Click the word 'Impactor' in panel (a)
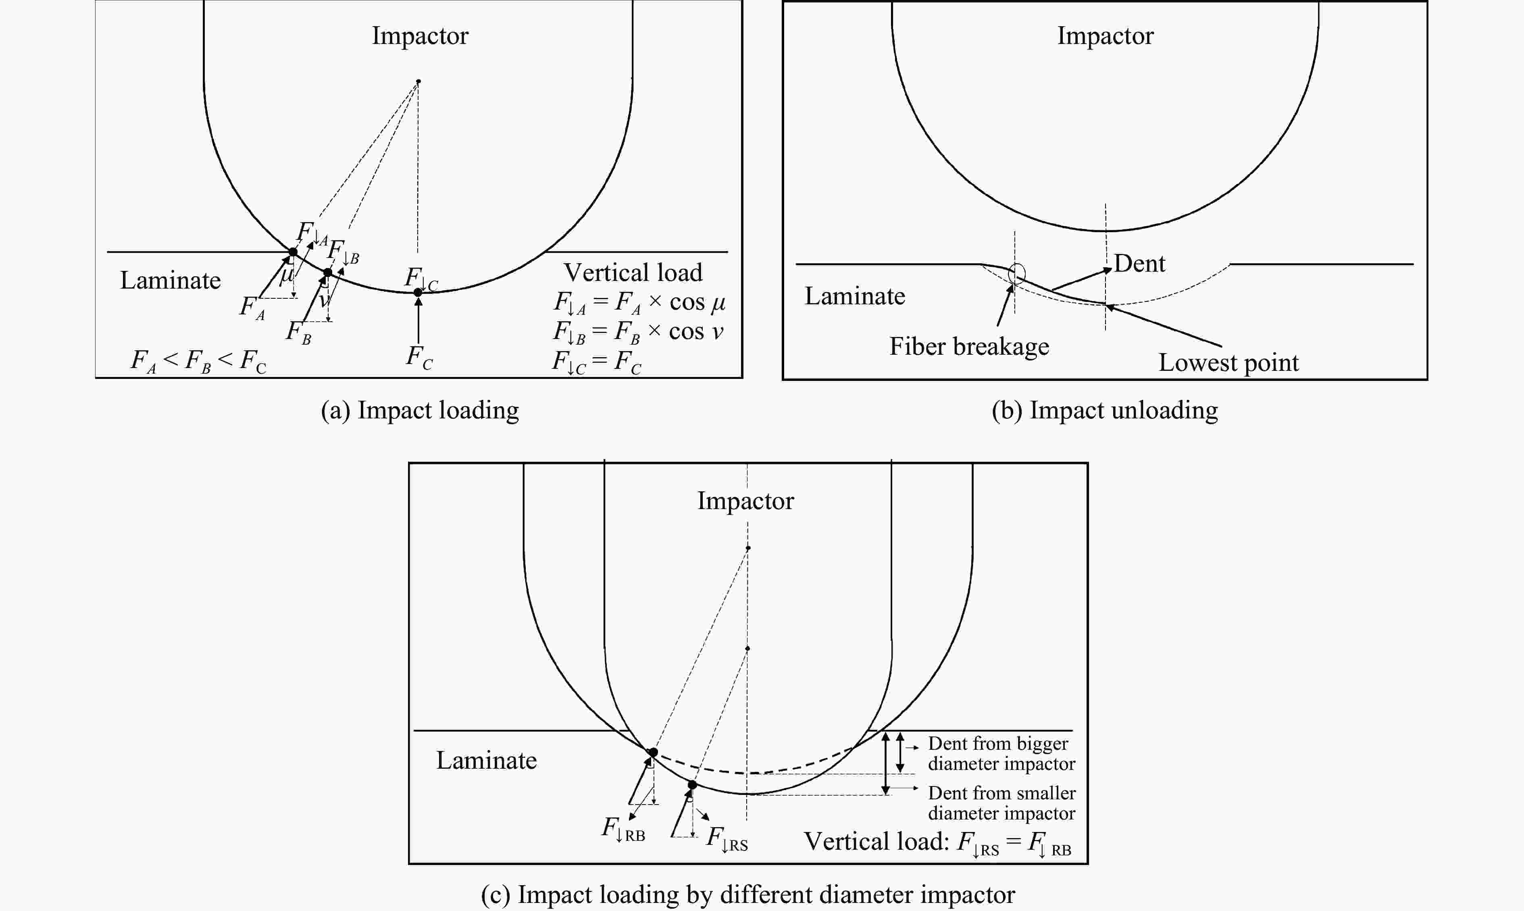(x=420, y=35)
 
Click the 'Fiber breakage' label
(x=969, y=347)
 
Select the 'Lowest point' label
(x=1228, y=363)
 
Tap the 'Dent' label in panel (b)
(x=1139, y=263)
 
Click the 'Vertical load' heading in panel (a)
(x=633, y=272)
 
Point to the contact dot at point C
(x=418, y=293)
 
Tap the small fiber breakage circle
(x=1017, y=272)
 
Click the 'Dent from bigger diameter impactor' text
(x=1001, y=753)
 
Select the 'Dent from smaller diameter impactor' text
(x=1001, y=803)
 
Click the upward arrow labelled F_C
(x=418, y=319)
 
